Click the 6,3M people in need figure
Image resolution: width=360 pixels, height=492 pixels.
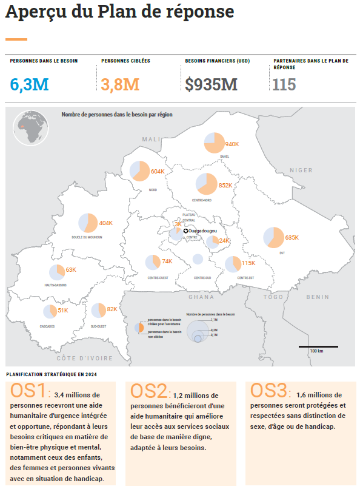[29, 84]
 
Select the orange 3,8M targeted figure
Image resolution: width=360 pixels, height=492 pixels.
[120, 84]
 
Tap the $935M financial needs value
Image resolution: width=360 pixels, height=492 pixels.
[212, 84]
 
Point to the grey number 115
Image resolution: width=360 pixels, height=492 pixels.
[284, 84]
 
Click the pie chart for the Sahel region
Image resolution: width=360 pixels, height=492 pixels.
[214, 143]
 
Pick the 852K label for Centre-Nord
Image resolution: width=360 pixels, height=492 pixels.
[225, 186]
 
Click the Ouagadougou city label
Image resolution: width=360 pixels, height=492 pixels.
[203, 231]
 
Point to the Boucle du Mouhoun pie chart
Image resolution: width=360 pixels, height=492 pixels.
[88, 223]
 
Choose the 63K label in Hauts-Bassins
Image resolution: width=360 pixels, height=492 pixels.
[71, 269]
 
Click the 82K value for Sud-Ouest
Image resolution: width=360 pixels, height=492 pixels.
[112, 309]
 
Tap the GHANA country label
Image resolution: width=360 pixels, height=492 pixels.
[202, 297]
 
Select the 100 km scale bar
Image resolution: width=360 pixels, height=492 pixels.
[316, 346]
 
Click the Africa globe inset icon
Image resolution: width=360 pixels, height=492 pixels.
[27, 127]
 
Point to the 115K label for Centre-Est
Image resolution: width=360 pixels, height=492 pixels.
[248, 263]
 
